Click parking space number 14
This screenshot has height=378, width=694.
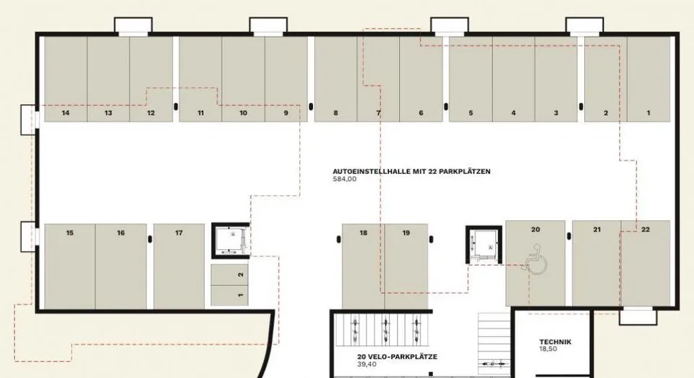(66, 79)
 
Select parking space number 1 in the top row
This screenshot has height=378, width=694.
(648, 79)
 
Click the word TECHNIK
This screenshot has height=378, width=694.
(555, 342)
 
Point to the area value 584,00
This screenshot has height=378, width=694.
(344, 179)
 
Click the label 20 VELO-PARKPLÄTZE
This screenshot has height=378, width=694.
(397, 357)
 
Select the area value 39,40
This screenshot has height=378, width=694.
(367, 364)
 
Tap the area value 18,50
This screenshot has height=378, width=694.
(548, 349)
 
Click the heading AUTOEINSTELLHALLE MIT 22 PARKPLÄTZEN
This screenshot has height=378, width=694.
(411, 172)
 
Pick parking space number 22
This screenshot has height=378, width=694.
(646, 264)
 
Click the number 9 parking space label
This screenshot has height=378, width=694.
(286, 113)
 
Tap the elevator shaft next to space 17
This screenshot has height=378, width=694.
(231, 240)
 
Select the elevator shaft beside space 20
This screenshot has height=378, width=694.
(484, 244)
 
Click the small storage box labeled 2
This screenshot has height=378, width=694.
(229, 274)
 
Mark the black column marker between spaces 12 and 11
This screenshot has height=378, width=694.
(176, 106)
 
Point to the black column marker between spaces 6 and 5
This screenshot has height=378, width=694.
(446, 106)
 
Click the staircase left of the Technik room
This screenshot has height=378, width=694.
(494, 343)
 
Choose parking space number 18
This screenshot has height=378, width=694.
(364, 266)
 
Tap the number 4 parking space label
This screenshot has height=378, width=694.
(513, 113)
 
